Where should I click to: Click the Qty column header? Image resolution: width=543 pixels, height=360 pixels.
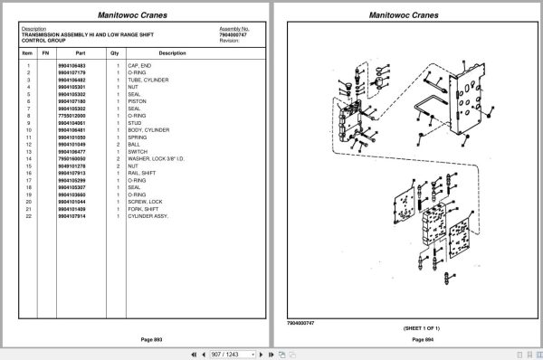click(115, 53)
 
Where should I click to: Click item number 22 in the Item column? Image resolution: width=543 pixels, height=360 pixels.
click(29, 216)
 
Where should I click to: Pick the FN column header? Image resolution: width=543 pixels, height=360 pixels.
click(45, 53)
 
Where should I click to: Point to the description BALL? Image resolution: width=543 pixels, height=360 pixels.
click(134, 145)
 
